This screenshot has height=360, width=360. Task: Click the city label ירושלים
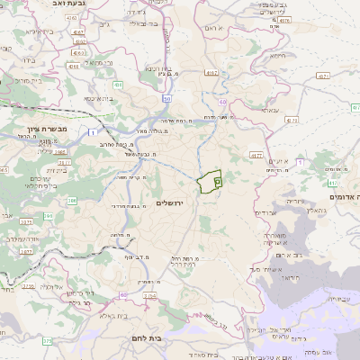pos(168,204)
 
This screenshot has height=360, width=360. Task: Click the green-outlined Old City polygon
pos(211,180)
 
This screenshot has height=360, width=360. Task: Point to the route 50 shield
pos(167,98)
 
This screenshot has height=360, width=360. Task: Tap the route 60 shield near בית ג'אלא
pos(123,294)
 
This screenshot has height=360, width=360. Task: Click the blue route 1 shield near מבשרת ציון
pos(93,132)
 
